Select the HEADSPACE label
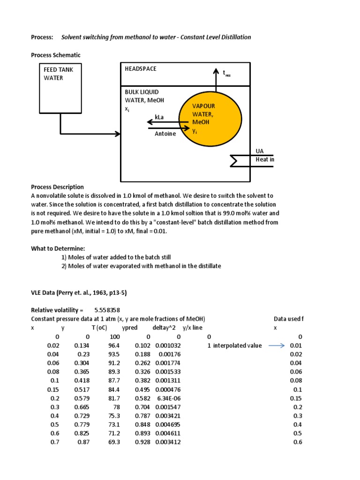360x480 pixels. [x=140, y=69]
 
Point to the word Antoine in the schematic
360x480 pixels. [x=165, y=134]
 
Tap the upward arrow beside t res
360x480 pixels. [x=216, y=77]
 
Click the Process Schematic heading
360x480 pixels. [x=56, y=55]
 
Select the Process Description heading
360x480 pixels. [x=57, y=187]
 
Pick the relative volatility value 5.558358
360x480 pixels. [x=107, y=310]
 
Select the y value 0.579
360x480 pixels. [x=82, y=398]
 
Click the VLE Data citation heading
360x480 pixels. [x=79, y=292]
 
